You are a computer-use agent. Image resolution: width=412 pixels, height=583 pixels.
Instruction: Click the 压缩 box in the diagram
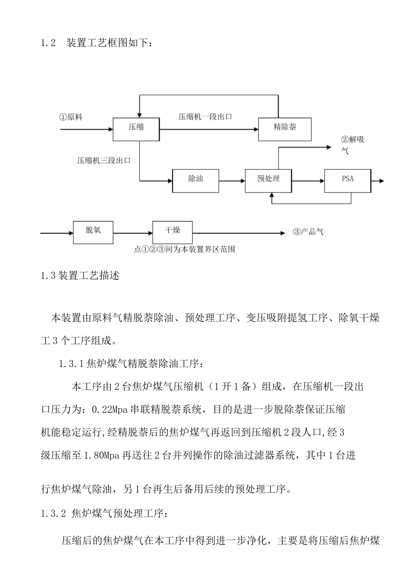pos(136,128)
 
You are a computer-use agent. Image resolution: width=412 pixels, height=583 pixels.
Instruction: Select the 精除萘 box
pos(284,128)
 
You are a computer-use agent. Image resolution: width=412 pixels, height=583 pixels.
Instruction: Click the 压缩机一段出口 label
pos(205,117)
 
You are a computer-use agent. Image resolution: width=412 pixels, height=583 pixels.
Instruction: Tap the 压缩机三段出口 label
pos(104,160)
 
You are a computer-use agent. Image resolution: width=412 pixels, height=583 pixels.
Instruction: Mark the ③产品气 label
pos(308,232)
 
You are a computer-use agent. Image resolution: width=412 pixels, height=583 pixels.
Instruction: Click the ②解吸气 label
pos(352,145)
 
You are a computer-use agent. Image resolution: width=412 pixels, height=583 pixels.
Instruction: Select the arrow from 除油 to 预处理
pos(232,180)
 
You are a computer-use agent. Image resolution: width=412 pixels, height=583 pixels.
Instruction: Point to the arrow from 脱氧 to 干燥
pos(133,233)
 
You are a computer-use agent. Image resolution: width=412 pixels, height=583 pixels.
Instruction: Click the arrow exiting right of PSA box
pos(377,180)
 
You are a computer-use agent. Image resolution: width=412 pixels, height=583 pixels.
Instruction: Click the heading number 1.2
pos(49,43)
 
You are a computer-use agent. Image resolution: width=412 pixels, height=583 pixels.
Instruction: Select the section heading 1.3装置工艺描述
pos(80,275)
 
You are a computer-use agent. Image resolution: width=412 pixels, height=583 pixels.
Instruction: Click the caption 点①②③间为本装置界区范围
pos(185,249)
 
